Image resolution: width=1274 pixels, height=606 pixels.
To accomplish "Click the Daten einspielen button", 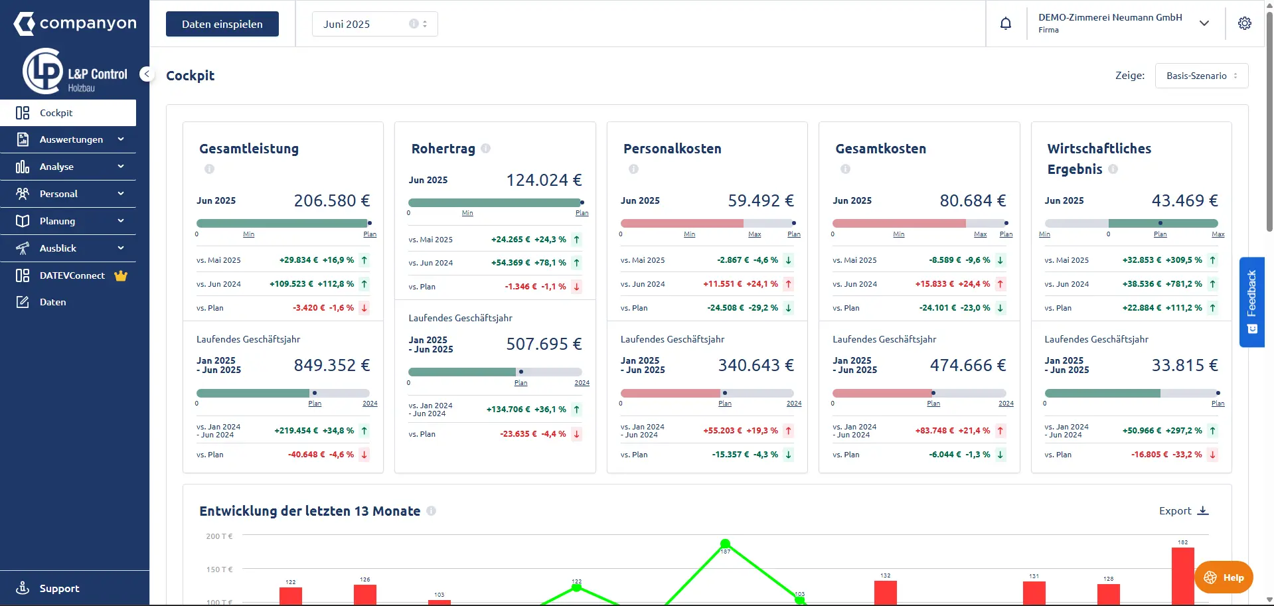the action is (222, 24).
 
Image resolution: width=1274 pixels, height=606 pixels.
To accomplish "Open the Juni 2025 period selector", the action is (374, 24).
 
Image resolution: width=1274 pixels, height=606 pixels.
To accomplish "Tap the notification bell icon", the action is (1006, 24).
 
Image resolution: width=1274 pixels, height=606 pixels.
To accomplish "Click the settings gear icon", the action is (1245, 23).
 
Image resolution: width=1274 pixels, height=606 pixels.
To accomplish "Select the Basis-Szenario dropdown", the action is (1202, 76).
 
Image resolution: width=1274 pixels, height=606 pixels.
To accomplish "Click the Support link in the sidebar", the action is (59, 588).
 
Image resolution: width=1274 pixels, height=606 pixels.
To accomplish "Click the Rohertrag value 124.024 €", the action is (544, 180).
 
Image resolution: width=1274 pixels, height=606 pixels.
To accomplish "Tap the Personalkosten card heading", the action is (672, 149).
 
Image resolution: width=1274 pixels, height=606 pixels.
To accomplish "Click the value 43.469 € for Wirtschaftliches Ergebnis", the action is (1184, 200).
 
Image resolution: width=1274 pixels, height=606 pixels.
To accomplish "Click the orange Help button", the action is (1224, 577).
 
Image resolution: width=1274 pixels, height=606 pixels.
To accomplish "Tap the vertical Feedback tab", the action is (1251, 302).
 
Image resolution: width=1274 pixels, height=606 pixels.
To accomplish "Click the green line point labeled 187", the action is (725, 544).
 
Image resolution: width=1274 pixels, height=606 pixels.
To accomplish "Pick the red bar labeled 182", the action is (1183, 576).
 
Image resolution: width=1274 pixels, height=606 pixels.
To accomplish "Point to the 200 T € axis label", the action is (219, 536).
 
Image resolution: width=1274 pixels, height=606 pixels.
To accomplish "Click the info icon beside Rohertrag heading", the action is (486, 149).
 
